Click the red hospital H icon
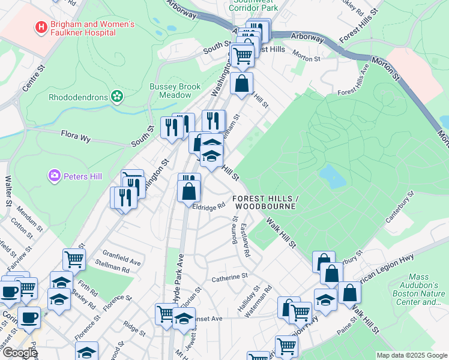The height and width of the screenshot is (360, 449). click(x=41, y=27)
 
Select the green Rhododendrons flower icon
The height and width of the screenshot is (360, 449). click(x=117, y=96)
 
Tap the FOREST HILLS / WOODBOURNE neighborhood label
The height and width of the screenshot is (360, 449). click(x=264, y=202)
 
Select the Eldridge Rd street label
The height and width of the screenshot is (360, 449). click(x=208, y=206)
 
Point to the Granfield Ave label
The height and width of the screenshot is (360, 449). click(x=121, y=262)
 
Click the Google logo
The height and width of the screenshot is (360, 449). click(x=19, y=353)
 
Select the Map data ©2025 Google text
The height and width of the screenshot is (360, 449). click(x=412, y=355)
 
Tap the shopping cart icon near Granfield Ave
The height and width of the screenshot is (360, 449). click(x=74, y=260)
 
